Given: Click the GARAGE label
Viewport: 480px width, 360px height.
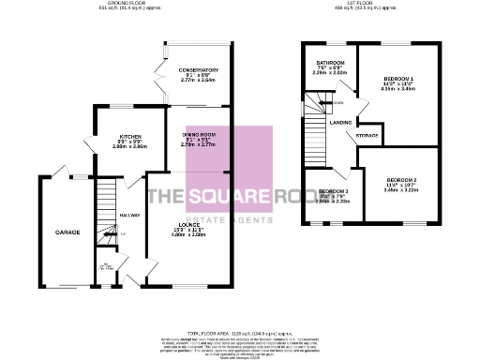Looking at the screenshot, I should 67,232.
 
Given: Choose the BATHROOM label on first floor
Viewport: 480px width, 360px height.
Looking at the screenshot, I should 329,64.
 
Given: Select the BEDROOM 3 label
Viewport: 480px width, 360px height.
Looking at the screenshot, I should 333,191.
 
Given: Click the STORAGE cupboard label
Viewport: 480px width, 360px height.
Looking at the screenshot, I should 367,136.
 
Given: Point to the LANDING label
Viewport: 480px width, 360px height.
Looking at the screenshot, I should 340,120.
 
